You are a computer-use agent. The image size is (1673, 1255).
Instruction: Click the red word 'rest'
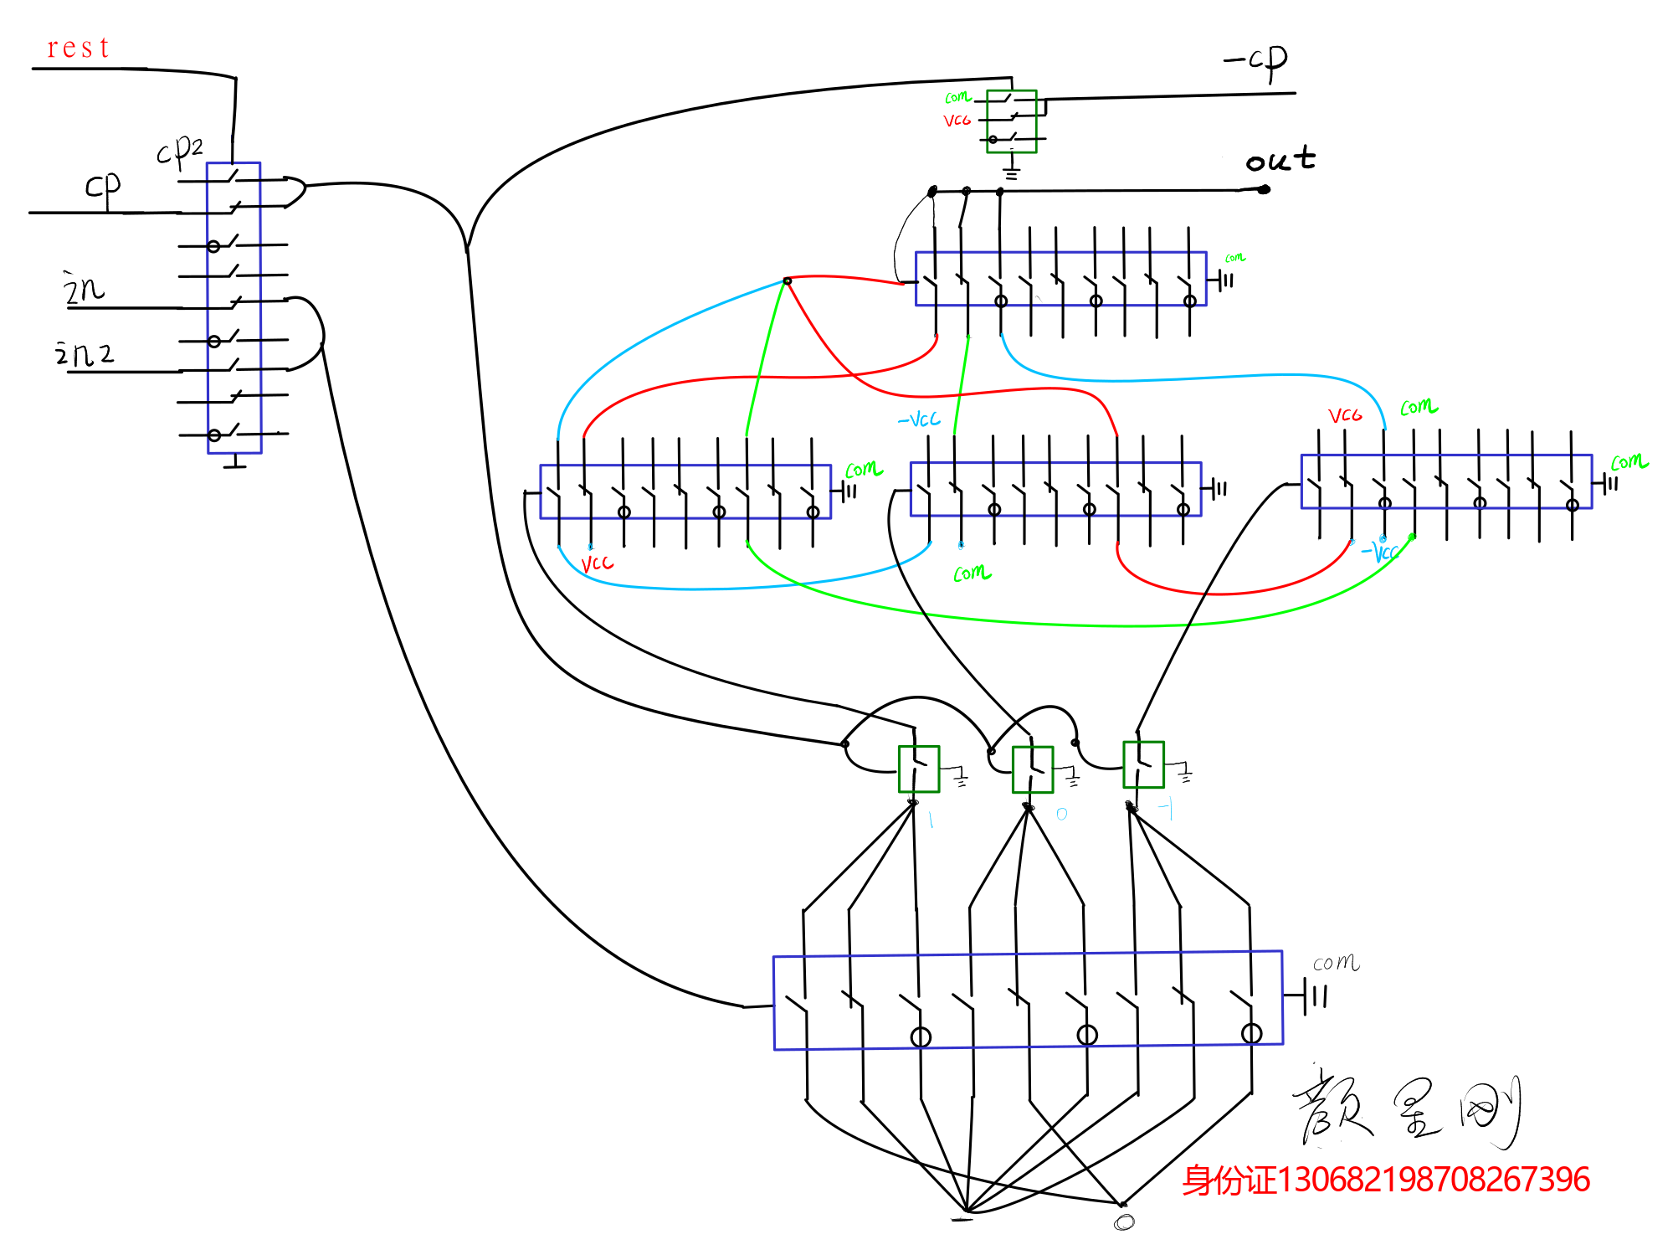[78, 48]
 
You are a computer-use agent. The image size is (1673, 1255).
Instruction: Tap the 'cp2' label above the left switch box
[180, 151]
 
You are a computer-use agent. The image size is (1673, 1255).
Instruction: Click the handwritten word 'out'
[1280, 159]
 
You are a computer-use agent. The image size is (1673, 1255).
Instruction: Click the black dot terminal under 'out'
[1264, 189]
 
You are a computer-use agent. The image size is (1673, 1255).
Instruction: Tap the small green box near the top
[1012, 121]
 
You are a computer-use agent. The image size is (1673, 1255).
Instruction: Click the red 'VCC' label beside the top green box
[957, 121]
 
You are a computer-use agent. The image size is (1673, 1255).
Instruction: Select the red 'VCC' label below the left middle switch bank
[598, 563]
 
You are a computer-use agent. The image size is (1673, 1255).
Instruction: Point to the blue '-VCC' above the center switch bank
[919, 419]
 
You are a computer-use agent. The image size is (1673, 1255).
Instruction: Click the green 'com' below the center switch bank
[972, 573]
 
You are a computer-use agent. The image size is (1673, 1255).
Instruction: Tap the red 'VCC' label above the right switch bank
[1345, 415]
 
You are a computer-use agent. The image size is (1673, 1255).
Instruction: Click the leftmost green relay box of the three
[919, 769]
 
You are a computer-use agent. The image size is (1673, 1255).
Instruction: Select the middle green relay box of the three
[1033, 769]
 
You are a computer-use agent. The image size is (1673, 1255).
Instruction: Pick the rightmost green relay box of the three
[1143, 764]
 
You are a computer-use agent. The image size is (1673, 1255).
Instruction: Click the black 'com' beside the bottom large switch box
[1336, 963]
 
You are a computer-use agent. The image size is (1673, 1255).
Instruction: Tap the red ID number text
[1386, 1180]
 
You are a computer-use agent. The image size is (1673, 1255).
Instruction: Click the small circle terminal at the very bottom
[1124, 1222]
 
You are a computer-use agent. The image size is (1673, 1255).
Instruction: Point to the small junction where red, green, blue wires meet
[787, 280]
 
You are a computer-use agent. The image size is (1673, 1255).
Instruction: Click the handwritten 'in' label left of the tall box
[84, 289]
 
